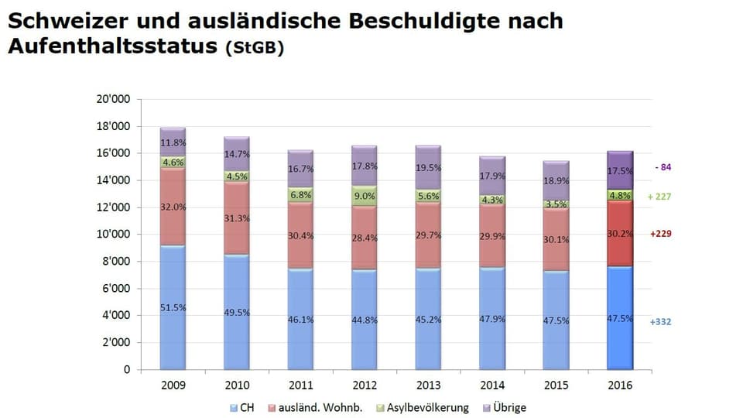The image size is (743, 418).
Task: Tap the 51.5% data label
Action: coord(172,307)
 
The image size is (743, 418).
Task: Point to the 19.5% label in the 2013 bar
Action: coord(429,168)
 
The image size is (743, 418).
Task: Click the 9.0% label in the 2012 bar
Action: coord(365,196)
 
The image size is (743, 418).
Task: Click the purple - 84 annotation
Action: coord(663,167)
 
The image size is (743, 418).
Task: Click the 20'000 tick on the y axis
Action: coord(113,99)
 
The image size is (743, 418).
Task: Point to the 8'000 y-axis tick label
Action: coord(115,262)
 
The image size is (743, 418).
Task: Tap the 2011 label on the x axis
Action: coord(300,385)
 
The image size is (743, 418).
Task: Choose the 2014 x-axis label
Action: coord(492,385)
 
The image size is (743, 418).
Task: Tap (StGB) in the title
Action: coord(255,48)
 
